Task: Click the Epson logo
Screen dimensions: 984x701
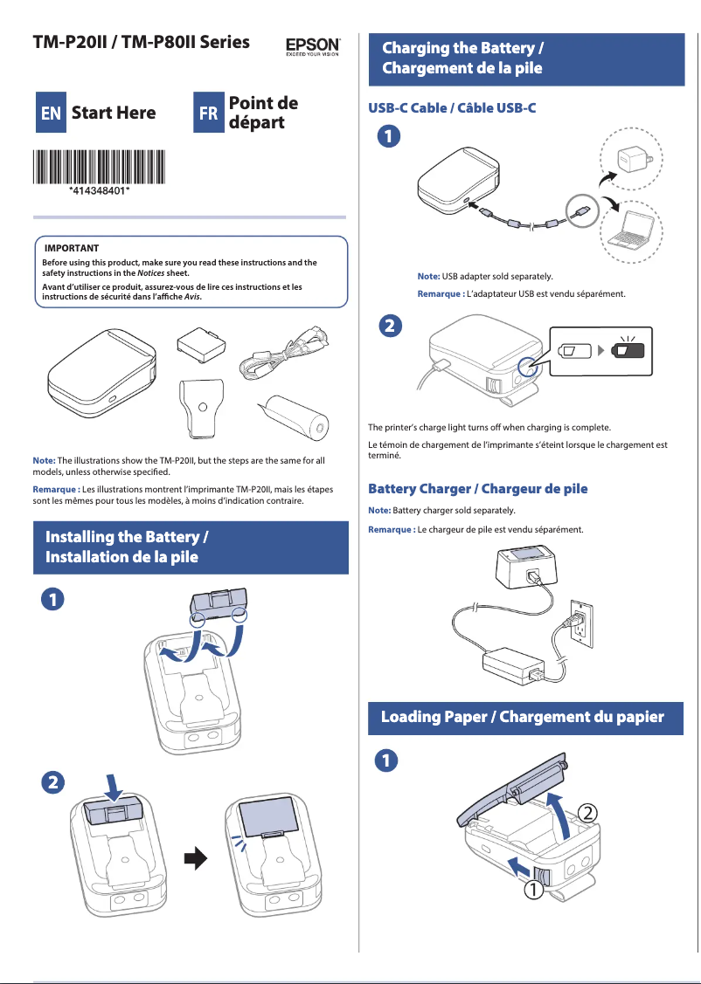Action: coord(313,45)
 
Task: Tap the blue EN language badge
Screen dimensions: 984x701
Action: coord(51,114)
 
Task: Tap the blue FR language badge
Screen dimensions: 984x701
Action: coord(208,114)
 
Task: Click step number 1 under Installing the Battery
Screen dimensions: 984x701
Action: coord(53,600)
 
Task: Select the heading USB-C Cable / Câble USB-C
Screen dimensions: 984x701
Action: coord(452,108)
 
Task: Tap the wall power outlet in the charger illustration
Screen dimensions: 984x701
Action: coord(582,619)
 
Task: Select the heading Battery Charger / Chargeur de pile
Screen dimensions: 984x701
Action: coord(477,488)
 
